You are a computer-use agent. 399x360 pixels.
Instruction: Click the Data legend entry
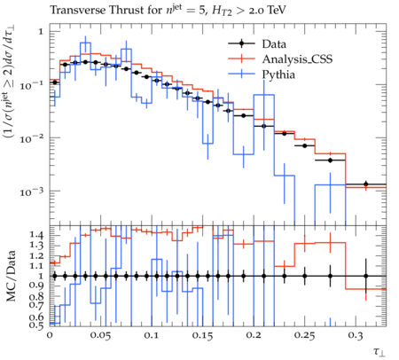[274, 44]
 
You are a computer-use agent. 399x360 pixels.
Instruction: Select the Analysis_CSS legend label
[297, 59]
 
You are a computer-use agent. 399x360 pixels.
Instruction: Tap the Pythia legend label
[278, 74]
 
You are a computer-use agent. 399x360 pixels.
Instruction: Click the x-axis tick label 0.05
[100, 335]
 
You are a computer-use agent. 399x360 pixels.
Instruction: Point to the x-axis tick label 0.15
[202, 335]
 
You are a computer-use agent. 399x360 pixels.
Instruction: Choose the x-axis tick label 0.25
[304, 335]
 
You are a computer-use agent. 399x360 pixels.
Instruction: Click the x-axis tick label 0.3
[356, 335]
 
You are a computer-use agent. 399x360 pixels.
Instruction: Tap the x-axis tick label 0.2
[254, 335]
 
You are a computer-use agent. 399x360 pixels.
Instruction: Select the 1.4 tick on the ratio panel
[36, 235]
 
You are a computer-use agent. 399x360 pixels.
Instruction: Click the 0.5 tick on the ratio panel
[36, 325]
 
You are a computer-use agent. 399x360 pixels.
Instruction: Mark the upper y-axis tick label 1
[41, 31]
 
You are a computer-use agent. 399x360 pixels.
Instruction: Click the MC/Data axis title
[12, 276]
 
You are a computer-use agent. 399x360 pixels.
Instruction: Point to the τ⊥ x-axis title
[379, 351]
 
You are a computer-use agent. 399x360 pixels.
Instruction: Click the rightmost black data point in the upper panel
[365, 184]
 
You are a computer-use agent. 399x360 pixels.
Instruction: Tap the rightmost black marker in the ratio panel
[365, 276]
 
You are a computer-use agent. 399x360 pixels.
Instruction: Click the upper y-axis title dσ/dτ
[10, 48]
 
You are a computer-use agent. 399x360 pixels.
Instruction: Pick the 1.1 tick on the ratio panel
[36, 266]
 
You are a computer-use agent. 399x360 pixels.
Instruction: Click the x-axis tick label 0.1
[152, 335]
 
